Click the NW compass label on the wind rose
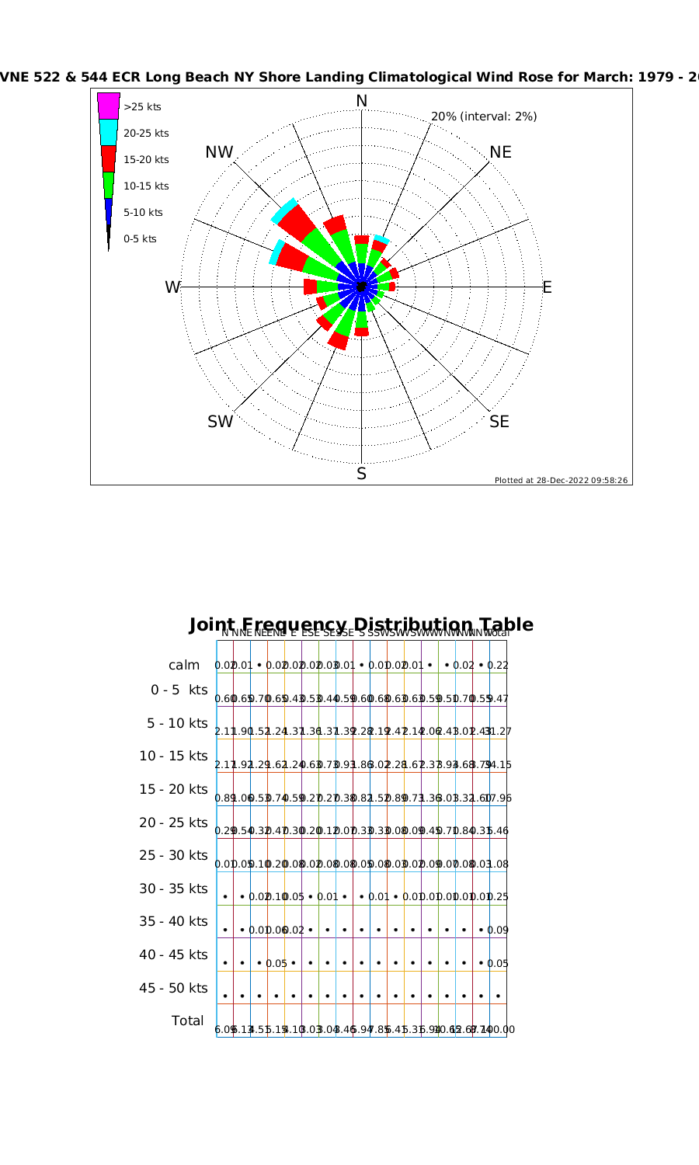219,152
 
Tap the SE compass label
499,422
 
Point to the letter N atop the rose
361,101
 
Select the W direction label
172,287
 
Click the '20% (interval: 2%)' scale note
484,116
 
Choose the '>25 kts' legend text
142,107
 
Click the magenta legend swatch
109,106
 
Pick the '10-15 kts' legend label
146,186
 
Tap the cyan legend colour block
109,132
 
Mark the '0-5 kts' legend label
140,239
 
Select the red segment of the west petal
310,287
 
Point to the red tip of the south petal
361,332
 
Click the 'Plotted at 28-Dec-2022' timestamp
562,480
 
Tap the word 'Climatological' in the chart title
438,77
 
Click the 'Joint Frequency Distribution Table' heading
361,624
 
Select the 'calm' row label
184,666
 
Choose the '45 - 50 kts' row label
173,988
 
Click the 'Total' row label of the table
188,1021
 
